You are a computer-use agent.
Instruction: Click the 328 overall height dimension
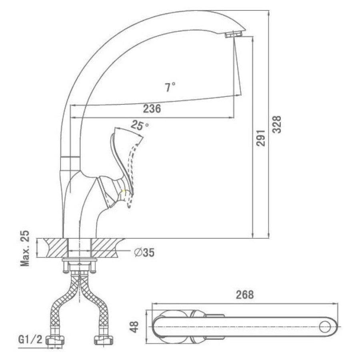(278, 124)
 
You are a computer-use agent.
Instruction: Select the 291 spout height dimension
(261, 138)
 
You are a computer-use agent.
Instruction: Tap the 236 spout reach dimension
(152, 109)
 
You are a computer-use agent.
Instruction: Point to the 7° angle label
(170, 87)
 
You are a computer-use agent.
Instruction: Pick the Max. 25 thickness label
(25, 248)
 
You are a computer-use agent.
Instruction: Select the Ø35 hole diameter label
(144, 252)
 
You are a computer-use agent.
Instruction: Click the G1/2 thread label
(30, 340)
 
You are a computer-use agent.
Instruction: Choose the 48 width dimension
(134, 327)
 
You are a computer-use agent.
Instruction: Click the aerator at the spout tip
(233, 35)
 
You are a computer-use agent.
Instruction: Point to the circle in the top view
(325, 327)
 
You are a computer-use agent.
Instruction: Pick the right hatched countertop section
(106, 248)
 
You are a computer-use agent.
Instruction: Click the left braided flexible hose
(65, 303)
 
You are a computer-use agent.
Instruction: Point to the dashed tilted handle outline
(133, 174)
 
